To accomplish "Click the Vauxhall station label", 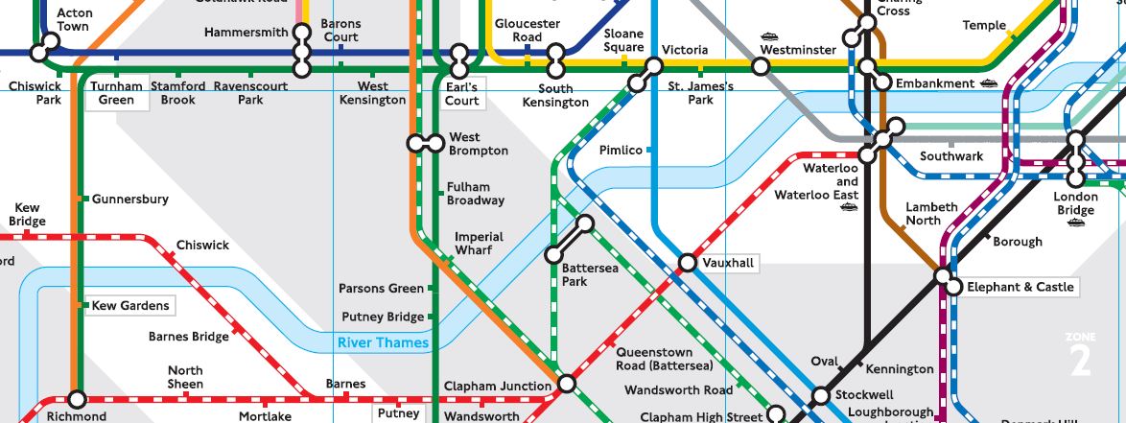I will [x=729, y=263].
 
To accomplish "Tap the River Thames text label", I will [x=383, y=343].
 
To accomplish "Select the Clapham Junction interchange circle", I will [x=567, y=385].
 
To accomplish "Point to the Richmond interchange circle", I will [x=77, y=399].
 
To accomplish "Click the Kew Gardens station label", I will [x=130, y=306].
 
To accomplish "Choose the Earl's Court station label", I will [x=462, y=93].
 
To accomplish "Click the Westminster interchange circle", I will [x=761, y=66].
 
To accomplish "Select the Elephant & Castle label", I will [x=1020, y=287].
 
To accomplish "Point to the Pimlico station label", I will [x=621, y=151].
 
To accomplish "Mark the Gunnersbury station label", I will [x=130, y=200].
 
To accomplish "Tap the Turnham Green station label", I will [x=117, y=93].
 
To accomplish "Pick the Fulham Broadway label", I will [x=475, y=194].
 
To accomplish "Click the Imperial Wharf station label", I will [x=479, y=244].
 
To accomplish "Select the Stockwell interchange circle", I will [x=821, y=395].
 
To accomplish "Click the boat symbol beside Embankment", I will [x=990, y=83].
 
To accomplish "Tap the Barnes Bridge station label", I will [x=189, y=337].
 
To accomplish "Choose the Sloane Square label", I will [x=623, y=40].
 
